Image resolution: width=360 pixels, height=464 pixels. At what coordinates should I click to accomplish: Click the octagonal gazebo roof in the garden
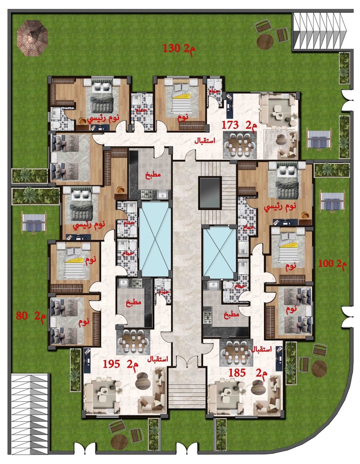32,38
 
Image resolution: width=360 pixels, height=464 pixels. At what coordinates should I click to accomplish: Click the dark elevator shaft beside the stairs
210,193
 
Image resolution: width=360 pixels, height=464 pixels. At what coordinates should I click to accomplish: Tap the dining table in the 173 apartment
240,145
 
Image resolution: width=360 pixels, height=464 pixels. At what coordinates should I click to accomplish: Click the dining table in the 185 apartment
236,353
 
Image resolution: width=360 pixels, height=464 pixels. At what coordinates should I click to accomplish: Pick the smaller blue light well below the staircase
220,253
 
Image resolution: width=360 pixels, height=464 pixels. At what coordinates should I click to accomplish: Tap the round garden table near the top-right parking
265,42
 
